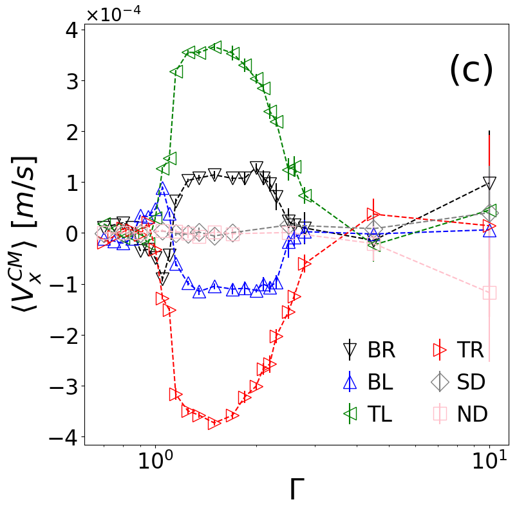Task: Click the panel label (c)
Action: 471,70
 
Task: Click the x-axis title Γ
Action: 296,492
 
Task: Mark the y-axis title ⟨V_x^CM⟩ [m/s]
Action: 26,235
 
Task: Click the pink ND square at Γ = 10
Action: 489,292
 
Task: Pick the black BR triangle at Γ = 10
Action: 489,183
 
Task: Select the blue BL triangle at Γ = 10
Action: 489,229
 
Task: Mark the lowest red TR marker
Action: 214,422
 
